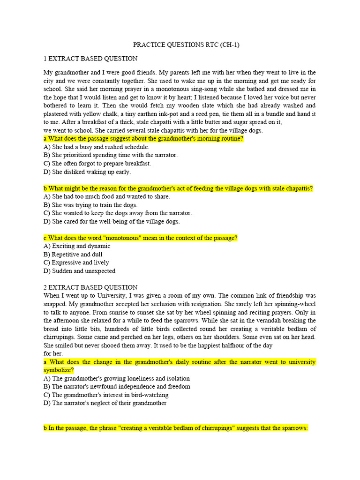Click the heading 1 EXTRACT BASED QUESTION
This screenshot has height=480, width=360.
[90, 59]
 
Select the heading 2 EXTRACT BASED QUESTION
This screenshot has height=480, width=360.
[90, 287]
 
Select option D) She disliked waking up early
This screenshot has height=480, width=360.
[87, 172]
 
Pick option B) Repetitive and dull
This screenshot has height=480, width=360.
[73, 255]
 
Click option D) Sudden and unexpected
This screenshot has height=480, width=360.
[79, 271]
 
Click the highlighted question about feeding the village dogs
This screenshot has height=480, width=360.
[178, 188]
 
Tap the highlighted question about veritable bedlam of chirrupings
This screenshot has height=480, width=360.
[176, 428]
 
